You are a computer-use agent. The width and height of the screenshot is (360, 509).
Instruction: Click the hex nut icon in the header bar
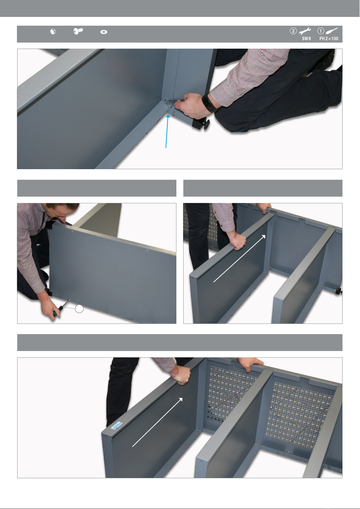point(53,32)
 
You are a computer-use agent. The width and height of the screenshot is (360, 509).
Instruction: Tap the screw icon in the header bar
point(78,31)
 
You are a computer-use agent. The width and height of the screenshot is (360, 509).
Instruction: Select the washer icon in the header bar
point(104,32)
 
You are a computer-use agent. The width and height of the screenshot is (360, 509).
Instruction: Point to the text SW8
point(307,39)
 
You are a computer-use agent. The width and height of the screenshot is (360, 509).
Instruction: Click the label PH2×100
point(329,39)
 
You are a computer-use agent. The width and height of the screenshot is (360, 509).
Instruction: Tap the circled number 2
point(293,31)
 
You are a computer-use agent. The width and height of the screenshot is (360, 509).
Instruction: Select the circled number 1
point(321,31)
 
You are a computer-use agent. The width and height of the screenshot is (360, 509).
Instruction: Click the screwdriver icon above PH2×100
point(332,31)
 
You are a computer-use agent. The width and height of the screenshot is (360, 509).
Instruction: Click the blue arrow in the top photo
point(167,131)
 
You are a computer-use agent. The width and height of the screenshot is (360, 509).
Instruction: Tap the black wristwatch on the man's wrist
point(209,103)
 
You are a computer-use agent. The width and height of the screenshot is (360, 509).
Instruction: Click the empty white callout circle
point(79,309)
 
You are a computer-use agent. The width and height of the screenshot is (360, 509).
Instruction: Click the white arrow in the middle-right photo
point(239,259)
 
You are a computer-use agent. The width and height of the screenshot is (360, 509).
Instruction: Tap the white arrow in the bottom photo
point(157,422)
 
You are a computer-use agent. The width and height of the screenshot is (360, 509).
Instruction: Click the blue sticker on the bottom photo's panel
point(117,426)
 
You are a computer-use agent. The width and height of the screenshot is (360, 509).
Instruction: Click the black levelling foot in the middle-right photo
point(339,291)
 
